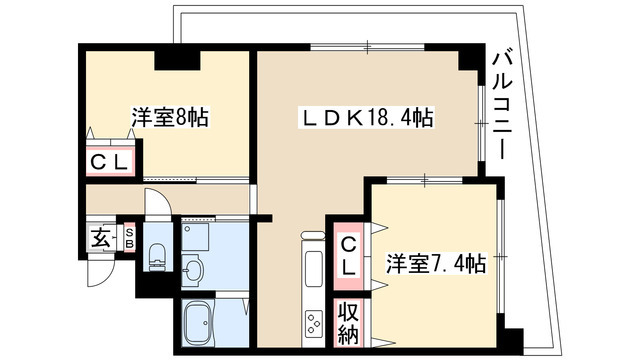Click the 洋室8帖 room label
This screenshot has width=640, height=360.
(x=169, y=117)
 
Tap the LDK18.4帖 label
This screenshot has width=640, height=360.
(x=366, y=118)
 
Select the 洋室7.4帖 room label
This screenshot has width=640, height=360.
(x=436, y=263)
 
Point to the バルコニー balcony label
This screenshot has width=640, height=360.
(x=502, y=105)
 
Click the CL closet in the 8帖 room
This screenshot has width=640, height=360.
(x=109, y=163)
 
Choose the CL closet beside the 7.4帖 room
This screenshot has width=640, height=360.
(x=348, y=256)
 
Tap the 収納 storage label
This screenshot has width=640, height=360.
(x=348, y=323)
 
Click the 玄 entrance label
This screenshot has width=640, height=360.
(x=100, y=238)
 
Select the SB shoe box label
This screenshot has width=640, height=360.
(x=129, y=238)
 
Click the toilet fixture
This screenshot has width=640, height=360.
(x=158, y=256)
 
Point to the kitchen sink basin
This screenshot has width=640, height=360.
(x=314, y=266)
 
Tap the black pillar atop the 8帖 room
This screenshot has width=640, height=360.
(x=177, y=60)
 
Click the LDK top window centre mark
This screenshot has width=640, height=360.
(x=367, y=47)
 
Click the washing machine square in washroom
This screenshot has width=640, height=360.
(x=195, y=236)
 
